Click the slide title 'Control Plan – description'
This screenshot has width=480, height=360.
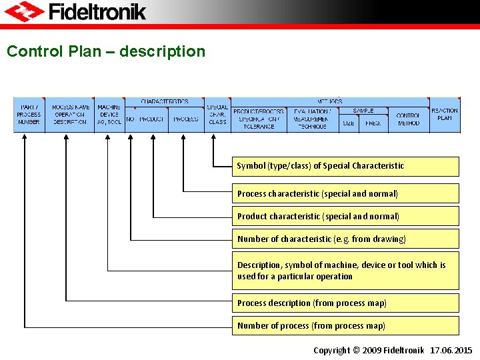[106, 51]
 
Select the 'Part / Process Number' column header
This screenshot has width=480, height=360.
[29, 114]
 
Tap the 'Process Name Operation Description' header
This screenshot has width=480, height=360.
[70, 114]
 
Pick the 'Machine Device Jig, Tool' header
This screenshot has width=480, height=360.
[109, 114]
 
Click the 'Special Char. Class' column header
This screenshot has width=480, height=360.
[217, 114]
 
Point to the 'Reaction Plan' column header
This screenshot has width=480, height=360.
[445, 114]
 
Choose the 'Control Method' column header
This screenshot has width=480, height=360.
[408, 119]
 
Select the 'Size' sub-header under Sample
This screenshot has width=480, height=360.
[349, 123]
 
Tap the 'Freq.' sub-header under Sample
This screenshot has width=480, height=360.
[372, 123]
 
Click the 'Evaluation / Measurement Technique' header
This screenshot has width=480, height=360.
[312, 119]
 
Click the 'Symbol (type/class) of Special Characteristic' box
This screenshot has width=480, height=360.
[345, 166]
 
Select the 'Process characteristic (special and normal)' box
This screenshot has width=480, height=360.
[345, 193]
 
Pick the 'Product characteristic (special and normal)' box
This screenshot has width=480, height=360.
[345, 216]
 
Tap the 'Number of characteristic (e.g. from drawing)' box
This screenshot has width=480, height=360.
[345, 239]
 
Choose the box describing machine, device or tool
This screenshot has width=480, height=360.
[345, 270]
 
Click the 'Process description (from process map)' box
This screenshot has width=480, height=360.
[345, 303]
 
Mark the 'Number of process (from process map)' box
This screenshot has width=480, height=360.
[345, 325]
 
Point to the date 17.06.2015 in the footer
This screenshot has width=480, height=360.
[451, 350]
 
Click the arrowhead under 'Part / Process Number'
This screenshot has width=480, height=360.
[25, 136]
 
